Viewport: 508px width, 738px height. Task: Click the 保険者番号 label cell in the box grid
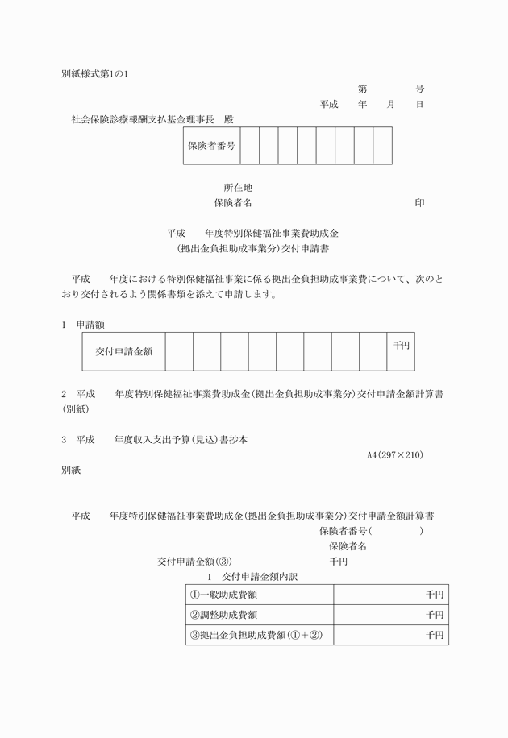point(211,146)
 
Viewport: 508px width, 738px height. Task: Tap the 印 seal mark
point(419,203)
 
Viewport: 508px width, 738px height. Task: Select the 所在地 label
point(239,188)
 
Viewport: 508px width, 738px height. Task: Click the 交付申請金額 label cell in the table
point(124,351)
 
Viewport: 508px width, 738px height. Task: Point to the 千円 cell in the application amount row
point(401,346)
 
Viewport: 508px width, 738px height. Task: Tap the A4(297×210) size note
point(395,455)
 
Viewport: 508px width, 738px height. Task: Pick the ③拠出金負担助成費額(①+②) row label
point(256,635)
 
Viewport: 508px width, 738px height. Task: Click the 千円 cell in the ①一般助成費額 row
point(435,595)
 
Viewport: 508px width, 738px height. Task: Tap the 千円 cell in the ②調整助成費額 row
point(435,615)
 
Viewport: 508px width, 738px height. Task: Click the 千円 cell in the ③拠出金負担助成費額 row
point(435,635)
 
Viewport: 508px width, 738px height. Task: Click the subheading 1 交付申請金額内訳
point(252,577)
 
